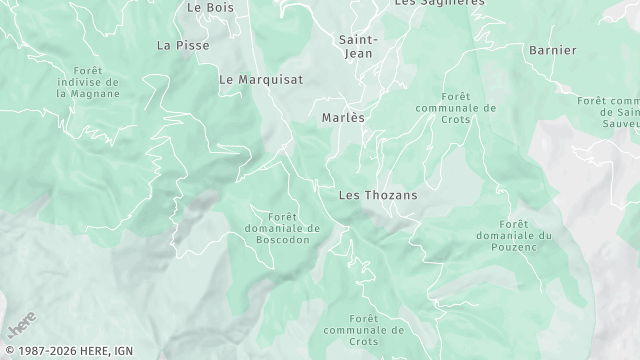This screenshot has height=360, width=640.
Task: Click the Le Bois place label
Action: click(209, 6)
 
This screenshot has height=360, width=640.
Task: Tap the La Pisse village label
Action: click(178, 45)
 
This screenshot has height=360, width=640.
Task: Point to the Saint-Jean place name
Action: click(358, 46)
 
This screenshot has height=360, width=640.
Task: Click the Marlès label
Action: click(343, 117)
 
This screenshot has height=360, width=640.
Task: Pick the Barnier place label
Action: click(552, 50)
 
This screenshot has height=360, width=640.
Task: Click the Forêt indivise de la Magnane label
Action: click(88, 82)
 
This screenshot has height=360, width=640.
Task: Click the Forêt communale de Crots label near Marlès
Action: click(454, 108)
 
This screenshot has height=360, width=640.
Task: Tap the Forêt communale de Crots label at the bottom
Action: click(363, 329)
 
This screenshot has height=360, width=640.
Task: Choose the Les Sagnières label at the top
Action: click(440, 3)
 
